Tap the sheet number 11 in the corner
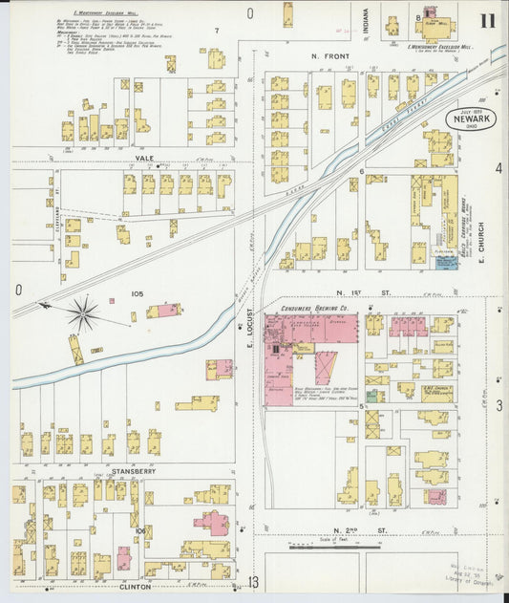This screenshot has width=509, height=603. [488, 21]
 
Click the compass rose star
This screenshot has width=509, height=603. [83, 312]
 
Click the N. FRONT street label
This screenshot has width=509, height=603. [331, 57]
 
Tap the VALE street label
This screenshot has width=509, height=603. [144, 159]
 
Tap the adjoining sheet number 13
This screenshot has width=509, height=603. [253, 582]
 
